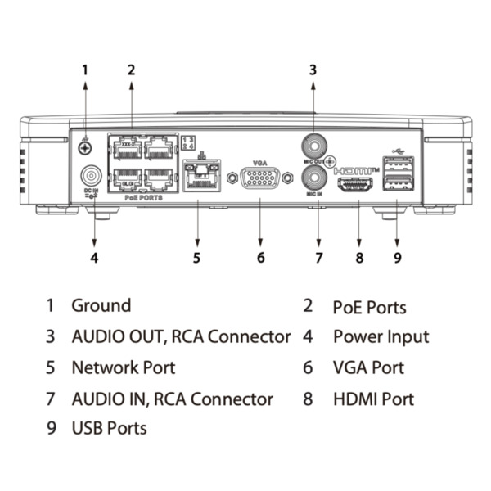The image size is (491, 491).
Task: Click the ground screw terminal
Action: (84, 148)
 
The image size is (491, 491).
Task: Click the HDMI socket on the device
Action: (357, 184)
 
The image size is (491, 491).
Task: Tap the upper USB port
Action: (398, 163)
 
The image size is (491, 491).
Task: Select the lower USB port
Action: (398, 184)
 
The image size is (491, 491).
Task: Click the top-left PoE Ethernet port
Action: (125, 148)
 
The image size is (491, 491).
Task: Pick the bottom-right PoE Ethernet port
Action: (159, 178)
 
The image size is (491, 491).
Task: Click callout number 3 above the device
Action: (313, 70)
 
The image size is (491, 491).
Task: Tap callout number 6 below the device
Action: (260, 259)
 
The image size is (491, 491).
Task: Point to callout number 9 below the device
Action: (397, 259)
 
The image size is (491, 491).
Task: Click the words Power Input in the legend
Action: (381, 336)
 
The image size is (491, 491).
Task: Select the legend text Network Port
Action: (124, 367)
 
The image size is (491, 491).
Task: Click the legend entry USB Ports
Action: (110, 428)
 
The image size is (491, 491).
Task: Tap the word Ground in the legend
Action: (101, 306)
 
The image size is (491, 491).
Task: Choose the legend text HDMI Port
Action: (373, 399)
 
